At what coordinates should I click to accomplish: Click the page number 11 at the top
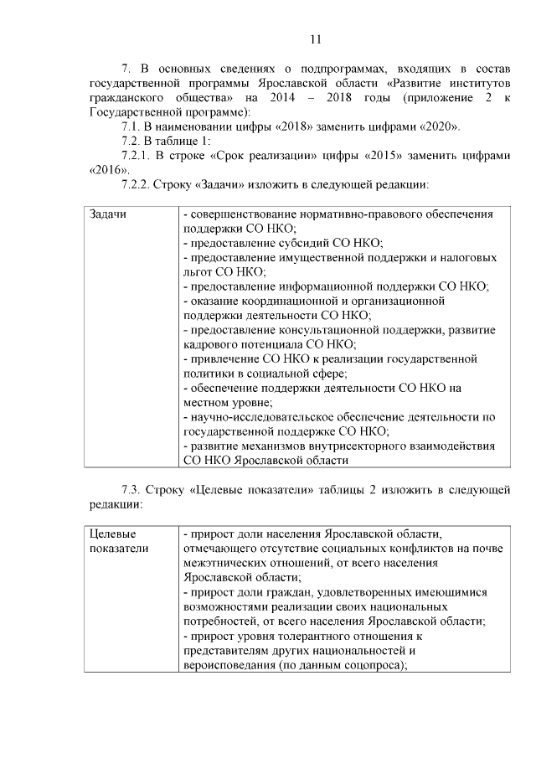pos(315,40)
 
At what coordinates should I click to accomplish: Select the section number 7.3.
pos(134,489)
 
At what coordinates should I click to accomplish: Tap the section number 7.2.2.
pos(138,183)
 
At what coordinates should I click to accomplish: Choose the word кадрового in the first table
pos(217,343)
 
